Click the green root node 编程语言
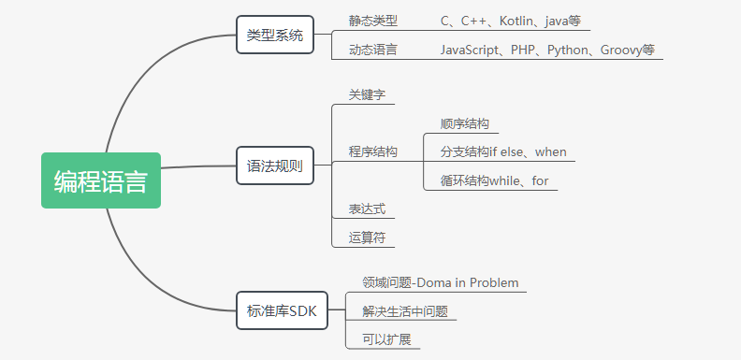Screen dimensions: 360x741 click(100, 180)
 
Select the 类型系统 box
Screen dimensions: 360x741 click(274, 36)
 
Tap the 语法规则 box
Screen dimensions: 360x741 click(274, 166)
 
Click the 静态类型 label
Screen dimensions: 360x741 click(372, 21)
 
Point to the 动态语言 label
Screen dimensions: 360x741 click(372, 50)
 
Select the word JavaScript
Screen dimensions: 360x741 click(472, 50)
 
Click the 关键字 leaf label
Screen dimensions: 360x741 click(367, 95)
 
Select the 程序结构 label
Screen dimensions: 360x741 click(372, 151)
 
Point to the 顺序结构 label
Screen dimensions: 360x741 click(464, 124)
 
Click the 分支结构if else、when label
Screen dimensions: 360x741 click(502, 152)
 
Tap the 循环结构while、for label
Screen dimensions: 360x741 click(494, 180)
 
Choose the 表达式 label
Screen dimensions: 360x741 click(367, 209)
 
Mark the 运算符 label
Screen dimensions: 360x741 click(367, 238)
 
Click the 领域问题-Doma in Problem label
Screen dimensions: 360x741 click(440, 282)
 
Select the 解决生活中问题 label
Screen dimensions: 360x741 click(404, 310)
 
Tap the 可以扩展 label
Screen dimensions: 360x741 click(386, 338)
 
